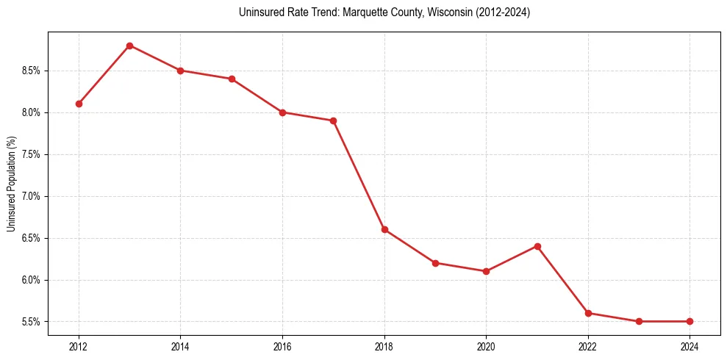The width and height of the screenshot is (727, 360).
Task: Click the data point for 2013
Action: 129,46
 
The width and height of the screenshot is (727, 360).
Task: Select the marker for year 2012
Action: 79,104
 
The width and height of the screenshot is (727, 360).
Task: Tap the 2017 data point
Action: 333,120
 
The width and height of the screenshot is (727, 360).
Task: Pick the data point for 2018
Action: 384,229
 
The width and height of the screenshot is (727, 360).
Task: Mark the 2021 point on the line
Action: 537,246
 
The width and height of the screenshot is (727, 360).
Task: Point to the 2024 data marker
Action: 690,321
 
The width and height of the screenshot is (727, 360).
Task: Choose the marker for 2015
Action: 232,79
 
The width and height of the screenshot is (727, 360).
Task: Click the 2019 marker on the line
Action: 435,263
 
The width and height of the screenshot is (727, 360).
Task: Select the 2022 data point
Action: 588,313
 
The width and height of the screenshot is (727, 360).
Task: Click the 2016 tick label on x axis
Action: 282,345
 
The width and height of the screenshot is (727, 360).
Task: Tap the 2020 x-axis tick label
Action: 486,345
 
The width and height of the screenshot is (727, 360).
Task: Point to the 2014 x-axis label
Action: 180,345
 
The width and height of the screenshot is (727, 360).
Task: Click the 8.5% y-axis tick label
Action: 33,71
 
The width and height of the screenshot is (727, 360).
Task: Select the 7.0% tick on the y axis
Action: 33,196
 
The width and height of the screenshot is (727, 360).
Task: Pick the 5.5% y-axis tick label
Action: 33,322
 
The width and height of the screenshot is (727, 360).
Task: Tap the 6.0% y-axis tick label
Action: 33,280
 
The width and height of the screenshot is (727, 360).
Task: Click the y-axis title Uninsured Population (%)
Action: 11,184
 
